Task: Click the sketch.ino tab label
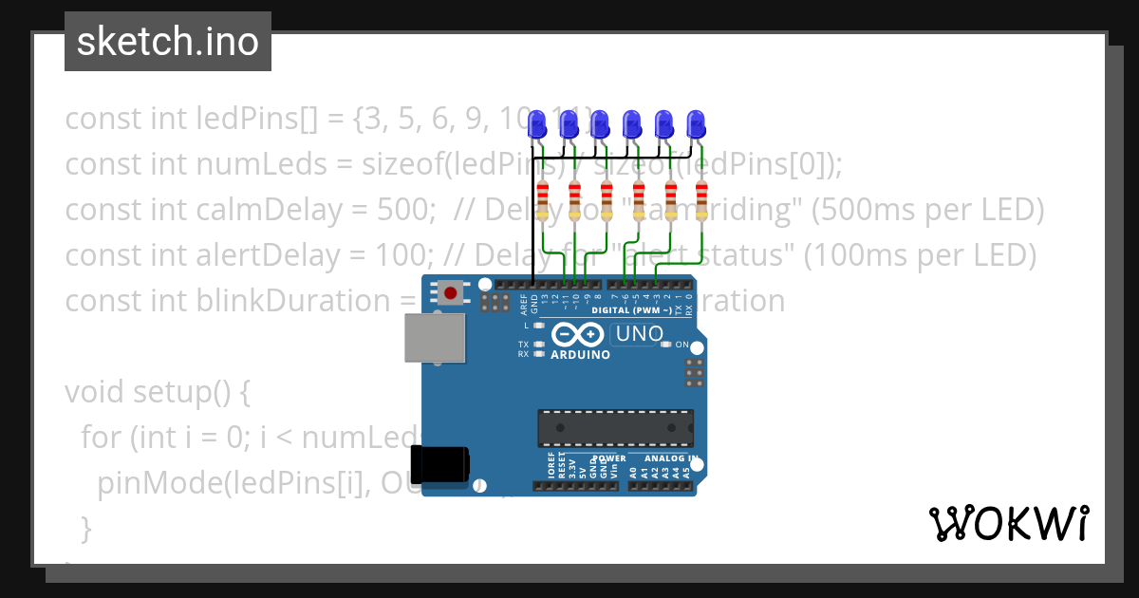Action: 168,42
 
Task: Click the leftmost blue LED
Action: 537,123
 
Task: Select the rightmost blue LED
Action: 697,123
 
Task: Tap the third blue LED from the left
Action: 601,123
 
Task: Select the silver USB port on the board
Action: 435,338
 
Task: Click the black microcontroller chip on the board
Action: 615,428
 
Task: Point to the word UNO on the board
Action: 640,334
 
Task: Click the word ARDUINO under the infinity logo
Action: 580,354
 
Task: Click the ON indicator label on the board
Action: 682,345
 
